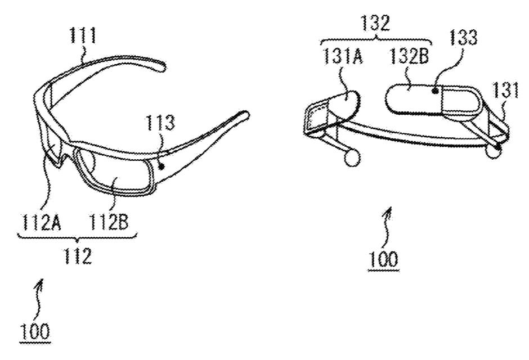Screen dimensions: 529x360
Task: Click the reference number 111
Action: click(83, 36)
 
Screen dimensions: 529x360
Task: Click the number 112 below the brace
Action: click(77, 256)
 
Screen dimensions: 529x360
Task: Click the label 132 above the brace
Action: click(375, 23)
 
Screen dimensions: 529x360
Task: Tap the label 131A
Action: click(343, 56)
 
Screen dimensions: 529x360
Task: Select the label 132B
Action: click(410, 56)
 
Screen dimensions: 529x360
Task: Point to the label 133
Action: click(463, 38)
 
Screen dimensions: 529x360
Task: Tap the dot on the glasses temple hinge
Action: click(162, 166)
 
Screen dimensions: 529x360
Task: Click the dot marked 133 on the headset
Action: click(436, 91)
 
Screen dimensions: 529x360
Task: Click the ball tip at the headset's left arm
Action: click(351, 157)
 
